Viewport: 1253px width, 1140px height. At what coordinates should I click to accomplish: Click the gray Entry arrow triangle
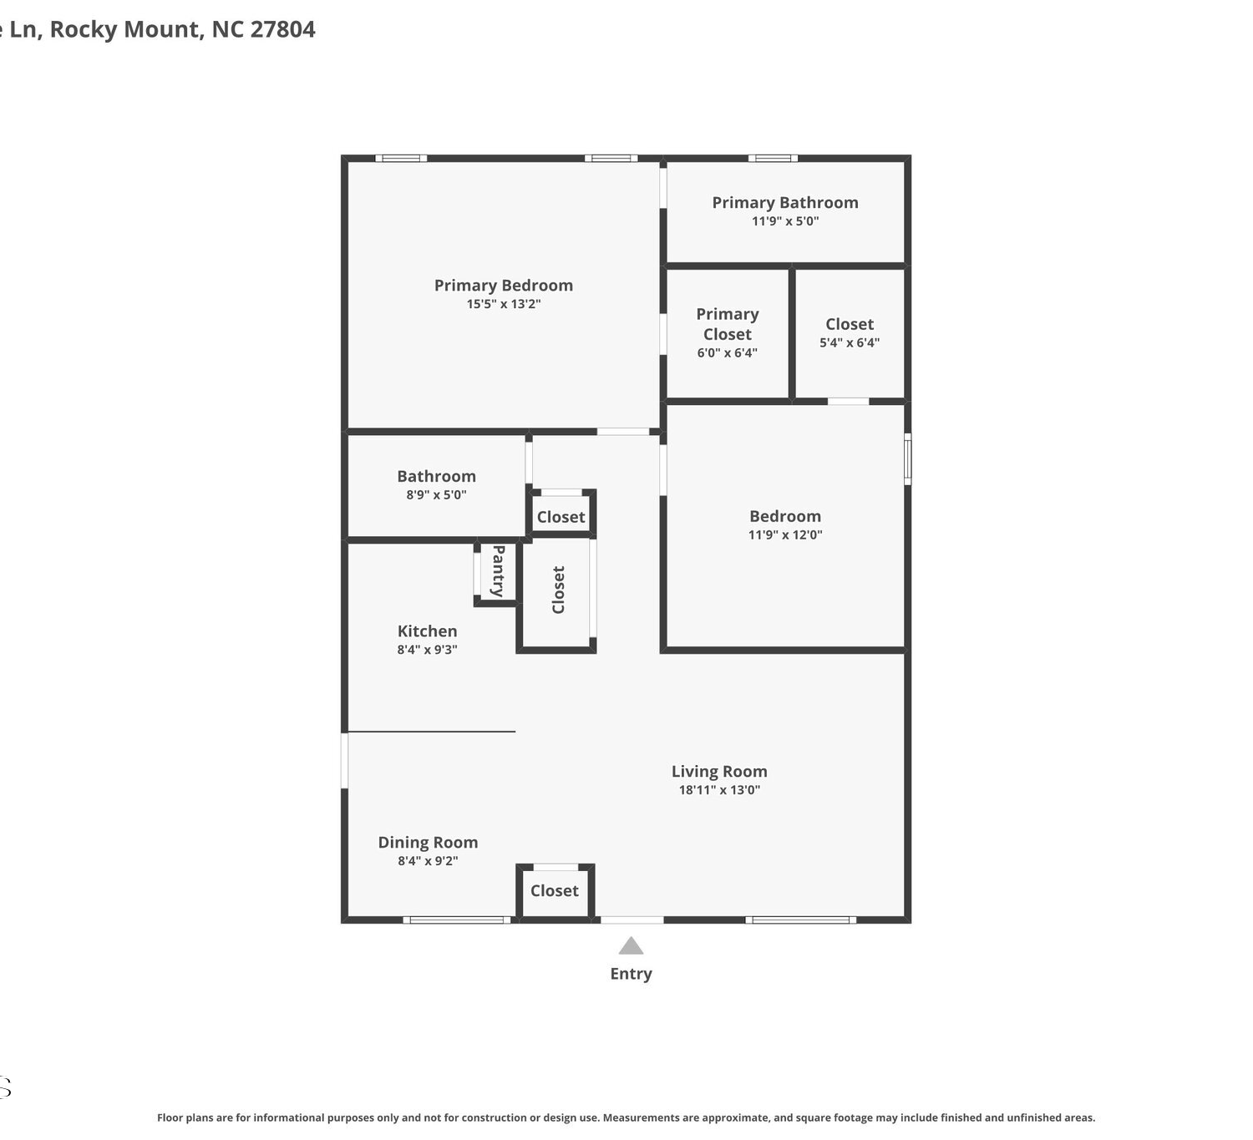click(x=631, y=945)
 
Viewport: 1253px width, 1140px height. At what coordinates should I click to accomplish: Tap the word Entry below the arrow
click(x=631, y=974)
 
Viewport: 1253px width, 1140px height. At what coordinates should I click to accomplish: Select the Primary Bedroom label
click(x=504, y=286)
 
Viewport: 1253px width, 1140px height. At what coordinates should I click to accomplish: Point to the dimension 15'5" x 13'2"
click(x=504, y=304)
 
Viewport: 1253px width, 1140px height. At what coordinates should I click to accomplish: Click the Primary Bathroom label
click(x=785, y=203)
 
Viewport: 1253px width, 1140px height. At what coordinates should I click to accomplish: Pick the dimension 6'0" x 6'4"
click(x=727, y=353)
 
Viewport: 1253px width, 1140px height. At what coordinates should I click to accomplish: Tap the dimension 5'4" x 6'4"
click(x=850, y=343)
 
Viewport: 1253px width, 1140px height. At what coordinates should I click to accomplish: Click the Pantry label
click(x=498, y=571)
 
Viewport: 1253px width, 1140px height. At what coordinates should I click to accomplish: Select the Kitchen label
click(x=427, y=631)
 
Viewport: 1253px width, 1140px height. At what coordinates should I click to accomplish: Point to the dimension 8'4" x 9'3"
click(x=427, y=650)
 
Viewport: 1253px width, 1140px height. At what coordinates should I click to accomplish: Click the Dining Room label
click(x=428, y=843)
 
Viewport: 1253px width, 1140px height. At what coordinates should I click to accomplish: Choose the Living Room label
click(x=719, y=772)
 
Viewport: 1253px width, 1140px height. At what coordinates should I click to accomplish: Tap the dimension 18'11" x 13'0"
click(x=719, y=790)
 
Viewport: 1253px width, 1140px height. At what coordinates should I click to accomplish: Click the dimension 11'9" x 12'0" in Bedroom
click(x=785, y=535)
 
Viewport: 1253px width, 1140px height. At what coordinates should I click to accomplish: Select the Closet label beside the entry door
click(x=555, y=891)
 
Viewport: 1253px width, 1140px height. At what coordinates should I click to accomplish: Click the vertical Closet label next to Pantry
click(x=558, y=590)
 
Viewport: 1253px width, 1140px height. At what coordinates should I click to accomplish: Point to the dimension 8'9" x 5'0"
click(x=437, y=494)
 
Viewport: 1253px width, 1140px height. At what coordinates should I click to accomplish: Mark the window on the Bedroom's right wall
click(x=907, y=459)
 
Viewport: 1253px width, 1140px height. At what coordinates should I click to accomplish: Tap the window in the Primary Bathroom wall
click(x=773, y=158)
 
